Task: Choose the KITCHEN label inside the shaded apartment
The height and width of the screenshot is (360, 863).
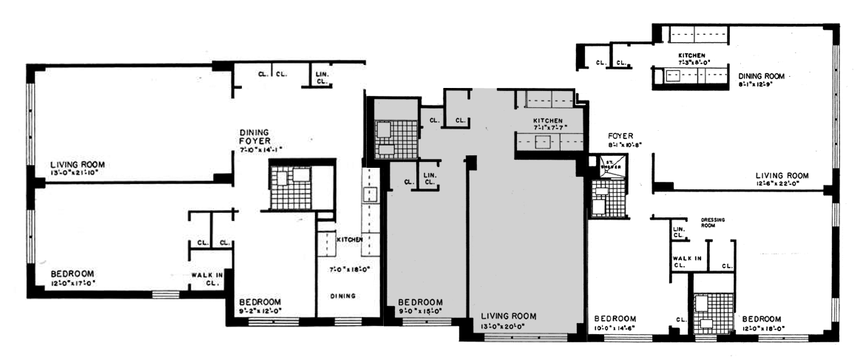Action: [x=548, y=121]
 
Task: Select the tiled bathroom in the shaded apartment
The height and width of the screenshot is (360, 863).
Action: [x=394, y=139]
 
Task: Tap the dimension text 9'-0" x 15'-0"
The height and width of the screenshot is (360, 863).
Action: [x=420, y=311]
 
